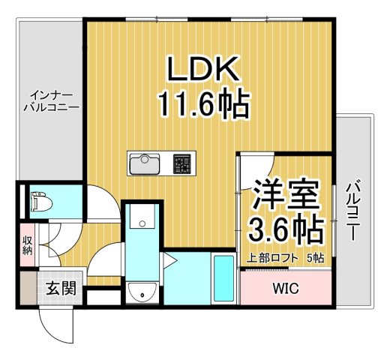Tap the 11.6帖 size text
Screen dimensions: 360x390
coord(203,105)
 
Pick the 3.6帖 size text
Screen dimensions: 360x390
coord(286,228)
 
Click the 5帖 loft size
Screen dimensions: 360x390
coord(316,259)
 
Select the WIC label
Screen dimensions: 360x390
coord(284,288)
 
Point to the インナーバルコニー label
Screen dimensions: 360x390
coord(49,101)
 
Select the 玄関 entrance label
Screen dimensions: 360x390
coord(61,288)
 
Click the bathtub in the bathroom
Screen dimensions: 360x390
coord(223,278)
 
